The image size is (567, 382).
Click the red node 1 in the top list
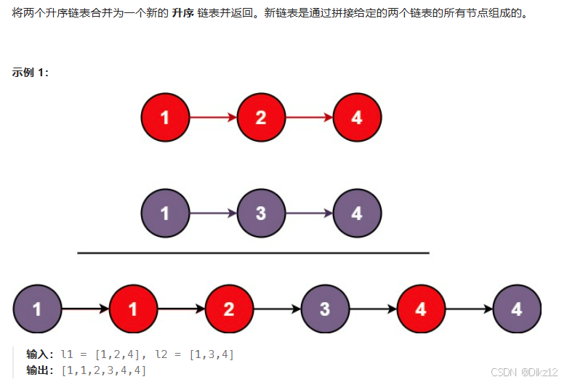165,118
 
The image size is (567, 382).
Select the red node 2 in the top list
261,118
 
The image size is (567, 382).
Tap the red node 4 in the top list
357,118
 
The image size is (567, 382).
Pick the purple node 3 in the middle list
261,214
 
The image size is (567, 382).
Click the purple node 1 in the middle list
165,214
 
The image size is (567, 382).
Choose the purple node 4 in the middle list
357,214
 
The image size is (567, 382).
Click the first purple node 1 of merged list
37,309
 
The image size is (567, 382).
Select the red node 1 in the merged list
134,309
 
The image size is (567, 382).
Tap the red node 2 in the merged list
229,309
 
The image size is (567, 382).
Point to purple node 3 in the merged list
325,309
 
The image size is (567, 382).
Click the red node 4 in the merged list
422,309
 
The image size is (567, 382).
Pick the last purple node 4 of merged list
517,309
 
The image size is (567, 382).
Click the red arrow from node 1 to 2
213,118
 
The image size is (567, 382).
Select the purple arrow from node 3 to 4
309,214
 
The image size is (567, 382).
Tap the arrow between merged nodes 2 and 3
278,309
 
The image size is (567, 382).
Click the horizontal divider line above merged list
253,253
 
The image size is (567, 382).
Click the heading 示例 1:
31,73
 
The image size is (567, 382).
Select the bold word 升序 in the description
183,13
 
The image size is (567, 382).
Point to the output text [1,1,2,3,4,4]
104,370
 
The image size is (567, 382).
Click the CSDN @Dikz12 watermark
524,372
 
